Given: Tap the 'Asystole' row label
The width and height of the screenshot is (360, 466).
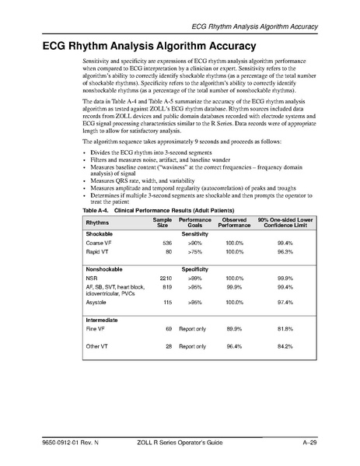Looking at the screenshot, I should coord(97,301).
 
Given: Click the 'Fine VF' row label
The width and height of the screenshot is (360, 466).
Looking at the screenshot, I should coord(96,331).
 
